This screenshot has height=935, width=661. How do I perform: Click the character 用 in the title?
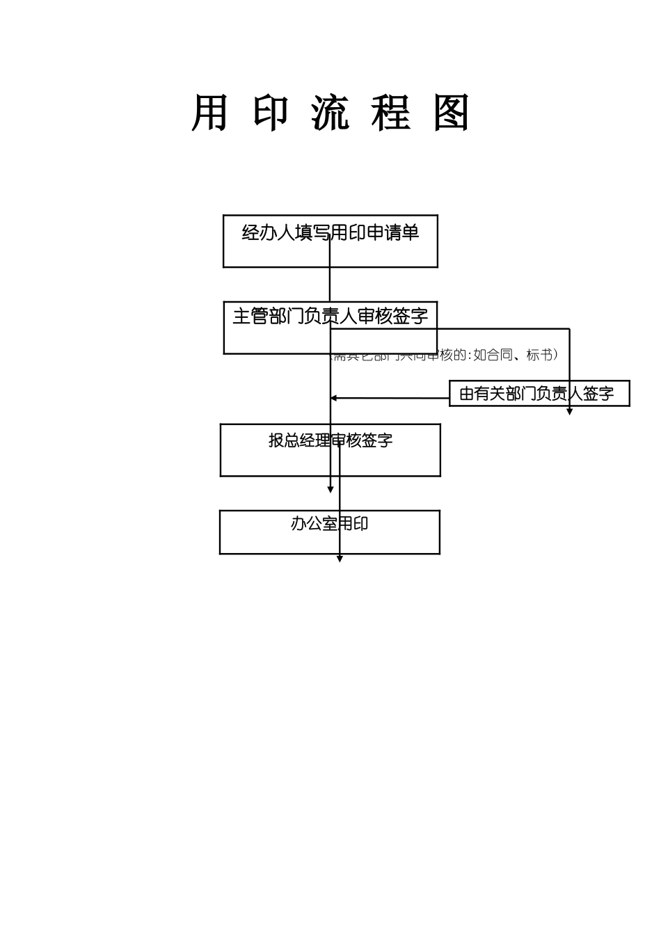tap(209, 113)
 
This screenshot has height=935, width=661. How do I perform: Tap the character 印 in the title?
tap(270, 113)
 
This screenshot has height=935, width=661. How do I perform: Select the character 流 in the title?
tap(330, 113)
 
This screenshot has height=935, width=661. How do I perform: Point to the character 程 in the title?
tap(390, 113)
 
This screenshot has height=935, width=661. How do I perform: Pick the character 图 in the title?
tap(451, 113)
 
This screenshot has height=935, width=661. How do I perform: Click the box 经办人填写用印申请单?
tap(330, 241)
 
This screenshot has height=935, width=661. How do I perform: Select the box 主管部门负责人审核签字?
tap(330, 328)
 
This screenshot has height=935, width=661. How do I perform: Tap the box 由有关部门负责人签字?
tap(539, 394)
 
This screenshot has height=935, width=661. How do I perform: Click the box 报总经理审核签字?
tap(330, 450)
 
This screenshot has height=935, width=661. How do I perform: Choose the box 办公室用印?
tap(330, 532)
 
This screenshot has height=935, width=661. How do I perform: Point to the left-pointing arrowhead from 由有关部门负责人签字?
tap(334, 398)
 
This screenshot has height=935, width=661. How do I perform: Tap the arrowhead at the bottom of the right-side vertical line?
tap(569, 412)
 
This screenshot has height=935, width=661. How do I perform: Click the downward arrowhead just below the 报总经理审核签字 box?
tap(330, 490)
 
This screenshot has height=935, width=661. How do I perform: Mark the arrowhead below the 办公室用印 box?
tap(340, 559)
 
